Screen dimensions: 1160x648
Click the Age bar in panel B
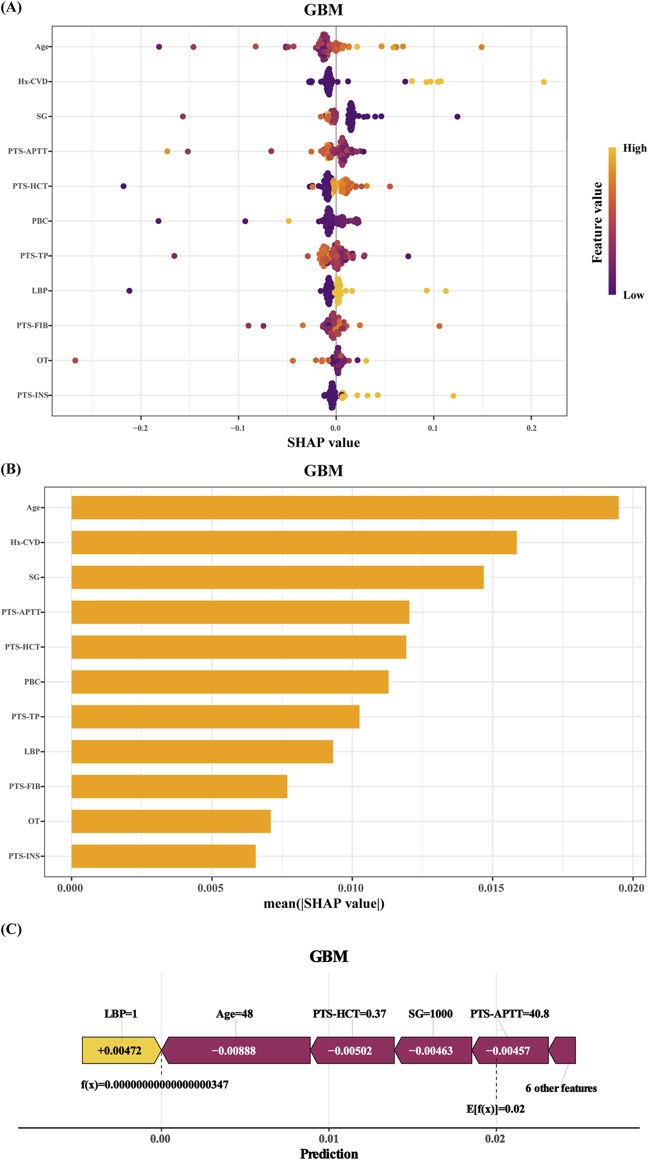(345, 507)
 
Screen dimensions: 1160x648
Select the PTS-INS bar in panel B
(164, 856)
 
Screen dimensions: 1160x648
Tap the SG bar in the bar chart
(278, 577)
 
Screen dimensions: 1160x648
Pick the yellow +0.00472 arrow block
(120, 1050)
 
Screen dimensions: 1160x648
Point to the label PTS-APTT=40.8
(509, 1014)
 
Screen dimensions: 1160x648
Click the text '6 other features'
(561, 1088)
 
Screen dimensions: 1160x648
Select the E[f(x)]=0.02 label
(495, 1109)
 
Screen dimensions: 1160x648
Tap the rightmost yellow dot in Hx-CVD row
(544, 82)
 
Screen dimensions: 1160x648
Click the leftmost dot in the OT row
(75, 360)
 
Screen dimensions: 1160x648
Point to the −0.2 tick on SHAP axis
(140, 428)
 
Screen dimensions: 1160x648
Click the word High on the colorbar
(634, 148)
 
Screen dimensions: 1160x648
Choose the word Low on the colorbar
(633, 295)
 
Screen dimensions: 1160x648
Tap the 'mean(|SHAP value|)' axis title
(324, 903)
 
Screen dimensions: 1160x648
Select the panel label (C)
(11, 929)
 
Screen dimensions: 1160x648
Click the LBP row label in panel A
(40, 291)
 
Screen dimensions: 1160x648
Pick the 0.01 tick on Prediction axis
(328, 1139)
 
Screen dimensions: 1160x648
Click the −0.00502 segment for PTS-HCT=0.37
(351, 1050)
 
